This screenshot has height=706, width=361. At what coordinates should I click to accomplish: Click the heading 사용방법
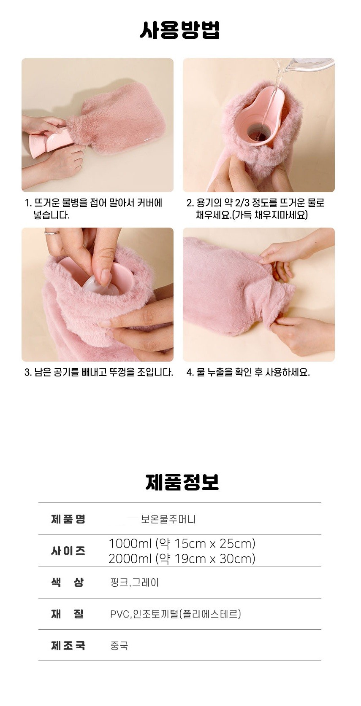tap(179, 30)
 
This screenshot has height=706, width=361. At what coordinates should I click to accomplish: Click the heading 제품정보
tap(182, 482)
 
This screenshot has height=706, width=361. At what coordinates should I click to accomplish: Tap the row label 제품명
tap(68, 519)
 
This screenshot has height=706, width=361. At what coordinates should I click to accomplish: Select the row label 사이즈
tap(68, 550)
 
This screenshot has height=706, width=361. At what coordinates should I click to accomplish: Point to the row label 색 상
tap(68, 582)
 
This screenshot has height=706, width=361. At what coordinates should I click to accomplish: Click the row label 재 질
tap(68, 614)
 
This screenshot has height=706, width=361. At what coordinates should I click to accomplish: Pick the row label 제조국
tap(68, 645)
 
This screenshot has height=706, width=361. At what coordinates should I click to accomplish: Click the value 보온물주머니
tap(168, 519)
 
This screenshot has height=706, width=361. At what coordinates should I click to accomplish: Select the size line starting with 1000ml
tap(182, 543)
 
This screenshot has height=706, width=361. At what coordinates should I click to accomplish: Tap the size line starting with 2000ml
tap(182, 558)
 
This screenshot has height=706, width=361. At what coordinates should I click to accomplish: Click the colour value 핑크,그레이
tap(135, 583)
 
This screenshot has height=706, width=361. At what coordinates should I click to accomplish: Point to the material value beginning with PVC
tap(176, 614)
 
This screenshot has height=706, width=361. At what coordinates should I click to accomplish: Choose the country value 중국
tap(119, 645)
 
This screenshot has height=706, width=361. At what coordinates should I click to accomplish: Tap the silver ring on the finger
tap(52, 233)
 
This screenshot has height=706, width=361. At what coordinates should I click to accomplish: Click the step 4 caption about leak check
tap(248, 372)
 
